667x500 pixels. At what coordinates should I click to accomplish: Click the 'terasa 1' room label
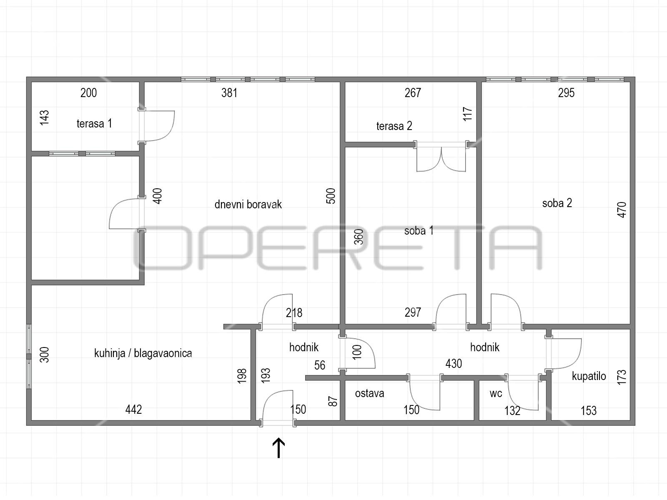pos(94,124)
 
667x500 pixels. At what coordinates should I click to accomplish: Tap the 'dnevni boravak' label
pos(248,204)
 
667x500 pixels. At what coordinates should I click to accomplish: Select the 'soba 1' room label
pos(419,231)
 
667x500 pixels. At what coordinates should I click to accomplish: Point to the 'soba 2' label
pos(557,203)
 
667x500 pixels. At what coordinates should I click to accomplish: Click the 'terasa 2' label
pos(394,126)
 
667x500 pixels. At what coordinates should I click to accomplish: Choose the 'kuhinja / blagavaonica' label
pos(143,353)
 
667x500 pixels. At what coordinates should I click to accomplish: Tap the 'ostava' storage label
pos(369,393)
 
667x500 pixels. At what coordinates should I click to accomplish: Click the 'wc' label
pos(496,394)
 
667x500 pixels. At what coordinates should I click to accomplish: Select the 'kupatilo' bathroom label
pos(589,376)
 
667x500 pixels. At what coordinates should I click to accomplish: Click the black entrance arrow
pos(278,448)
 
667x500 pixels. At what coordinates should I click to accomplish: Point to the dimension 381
pos(229,92)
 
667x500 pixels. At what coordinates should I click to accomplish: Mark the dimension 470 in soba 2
pos(622,210)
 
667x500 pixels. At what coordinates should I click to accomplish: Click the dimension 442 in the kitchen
pos(133,410)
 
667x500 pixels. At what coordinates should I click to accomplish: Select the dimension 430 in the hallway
pos(454,364)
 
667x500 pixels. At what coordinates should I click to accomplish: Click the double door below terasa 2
pos(441,157)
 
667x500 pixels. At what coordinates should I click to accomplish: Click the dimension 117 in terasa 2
pos(467,114)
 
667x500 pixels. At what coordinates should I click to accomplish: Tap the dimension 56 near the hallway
pos(320,365)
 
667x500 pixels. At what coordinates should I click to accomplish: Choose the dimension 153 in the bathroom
pos(589,411)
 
